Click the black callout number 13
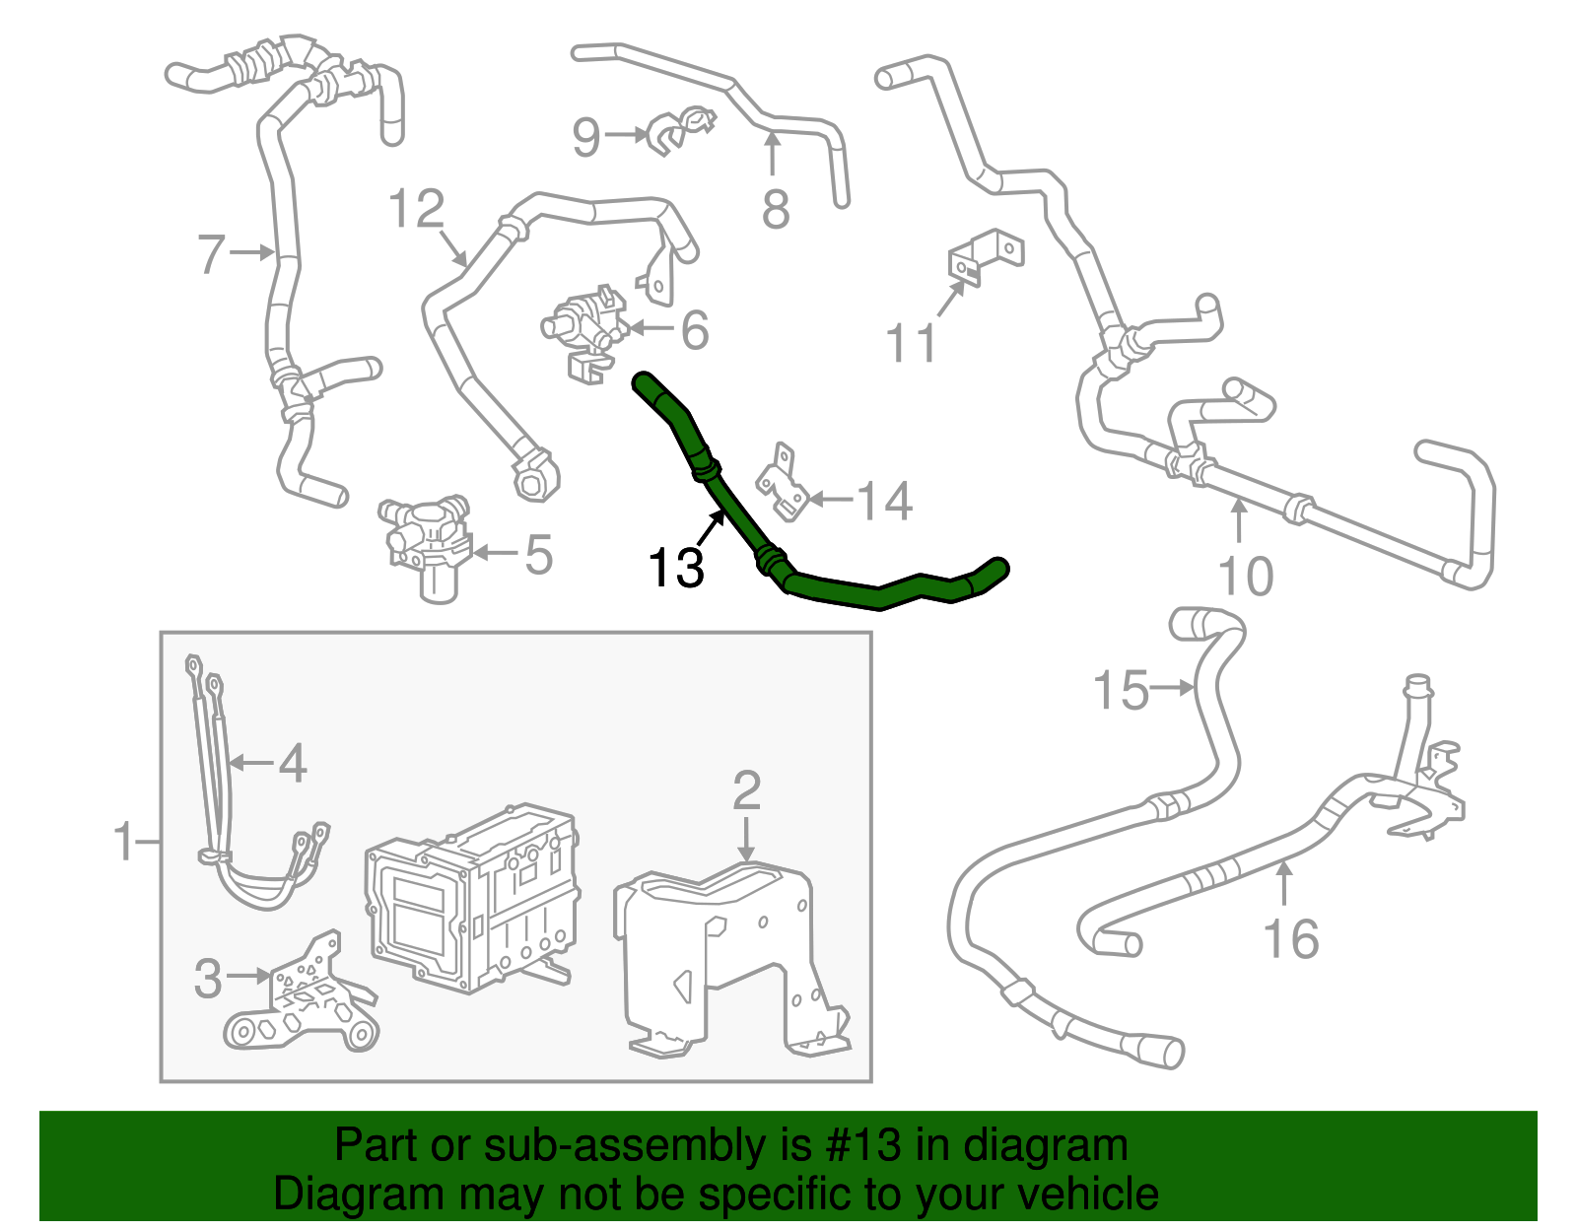click(x=676, y=568)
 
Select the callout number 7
click(x=211, y=254)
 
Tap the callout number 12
click(x=417, y=208)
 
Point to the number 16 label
click(x=1291, y=938)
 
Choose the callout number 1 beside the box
click(x=124, y=842)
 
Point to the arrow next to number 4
click(x=251, y=763)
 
